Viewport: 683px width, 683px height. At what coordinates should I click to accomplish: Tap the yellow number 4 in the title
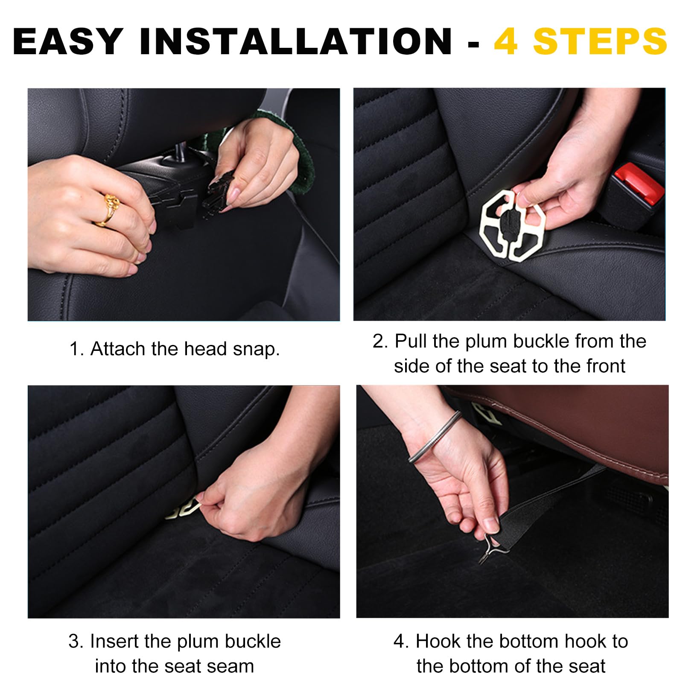[506, 41]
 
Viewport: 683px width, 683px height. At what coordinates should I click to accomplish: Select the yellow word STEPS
[600, 41]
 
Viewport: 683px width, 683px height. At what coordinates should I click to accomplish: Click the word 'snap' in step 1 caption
[256, 349]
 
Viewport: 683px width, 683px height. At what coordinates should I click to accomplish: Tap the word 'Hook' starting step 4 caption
[438, 641]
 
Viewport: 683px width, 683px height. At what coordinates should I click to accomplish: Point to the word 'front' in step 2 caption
[606, 366]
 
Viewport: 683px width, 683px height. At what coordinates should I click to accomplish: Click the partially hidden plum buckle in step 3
[183, 508]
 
